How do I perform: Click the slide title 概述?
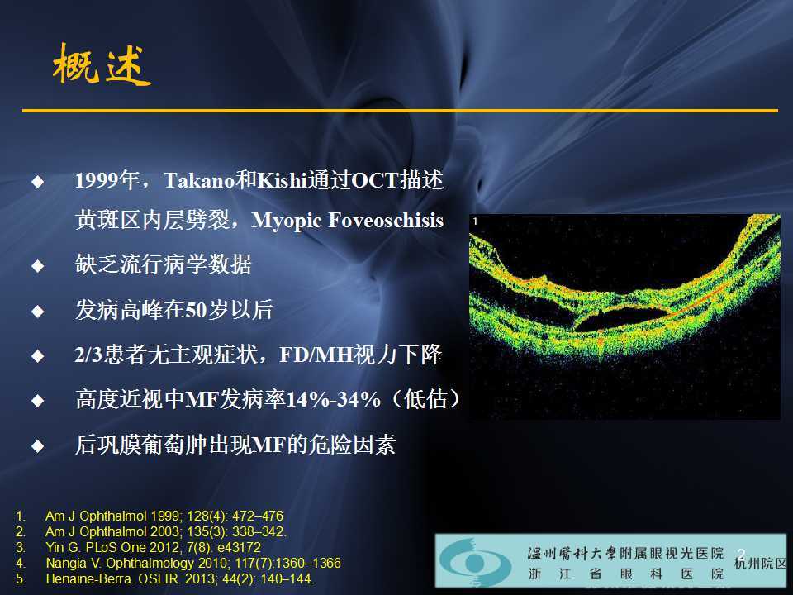point(102,67)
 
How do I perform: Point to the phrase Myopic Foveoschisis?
point(347,221)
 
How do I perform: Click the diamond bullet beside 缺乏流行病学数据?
point(36,266)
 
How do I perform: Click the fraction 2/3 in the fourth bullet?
point(87,356)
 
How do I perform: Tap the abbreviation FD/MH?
point(309,356)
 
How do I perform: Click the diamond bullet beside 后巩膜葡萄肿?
point(36,446)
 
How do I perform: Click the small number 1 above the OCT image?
point(475,221)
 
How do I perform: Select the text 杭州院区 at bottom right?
point(762,564)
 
